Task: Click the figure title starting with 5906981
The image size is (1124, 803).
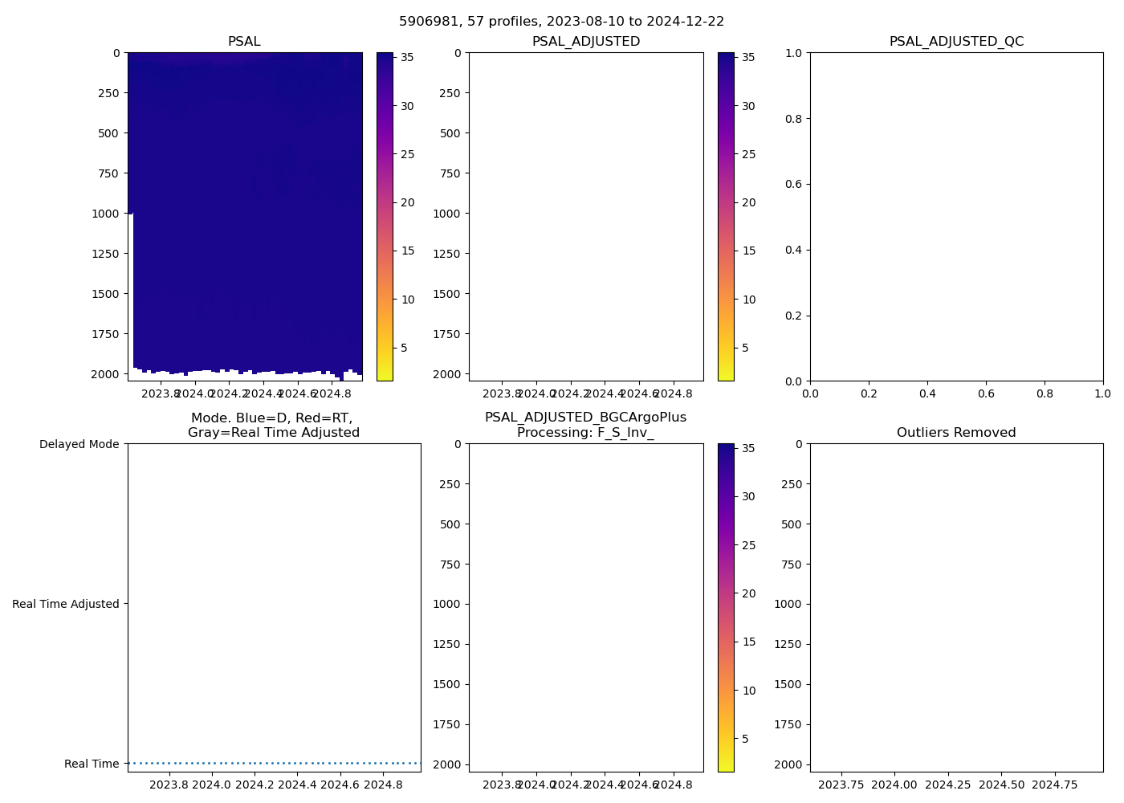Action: click(x=561, y=22)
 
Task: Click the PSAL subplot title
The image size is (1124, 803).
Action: click(x=244, y=42)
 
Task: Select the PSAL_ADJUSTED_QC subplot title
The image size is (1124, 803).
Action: click(x=956, y=42)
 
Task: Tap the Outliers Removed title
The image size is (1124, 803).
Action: click(x=956, y=433)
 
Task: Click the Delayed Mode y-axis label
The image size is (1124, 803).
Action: click(x=79, y=444)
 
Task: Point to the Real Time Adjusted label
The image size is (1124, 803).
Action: click(x=66, y=604)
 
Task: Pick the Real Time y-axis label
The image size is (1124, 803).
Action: click(x=92, y=764)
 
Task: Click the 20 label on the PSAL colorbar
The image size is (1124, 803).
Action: click(x=408, y=202)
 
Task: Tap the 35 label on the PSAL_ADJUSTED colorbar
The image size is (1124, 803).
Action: click(x=749, y=57)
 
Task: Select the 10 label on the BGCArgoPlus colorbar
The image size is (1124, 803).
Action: click(x=749, y=691)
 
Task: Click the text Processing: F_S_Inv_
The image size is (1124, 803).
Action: click(x=585, y=433)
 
